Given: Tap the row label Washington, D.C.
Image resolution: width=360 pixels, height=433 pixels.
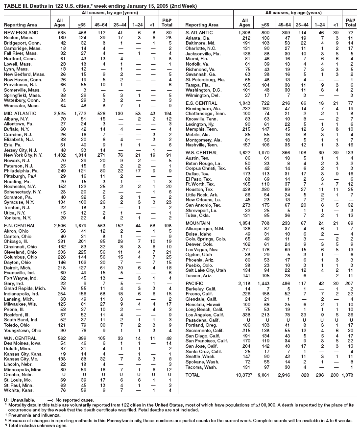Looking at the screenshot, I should (x=204, y=90).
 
